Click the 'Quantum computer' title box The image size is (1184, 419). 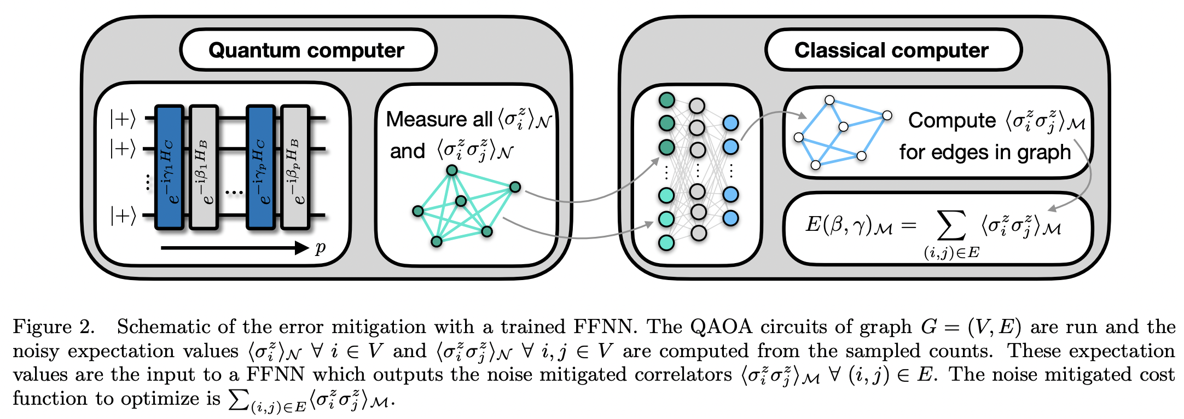[x=307, y=50]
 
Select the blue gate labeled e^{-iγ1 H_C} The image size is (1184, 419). [x=170, y=167]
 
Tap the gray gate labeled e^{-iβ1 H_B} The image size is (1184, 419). [x=204, y=167]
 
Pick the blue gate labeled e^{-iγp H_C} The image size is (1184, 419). [x=260, y=167]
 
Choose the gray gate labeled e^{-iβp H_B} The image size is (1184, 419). [x=295, y=167]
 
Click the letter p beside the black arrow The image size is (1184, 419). [x=321, y=248]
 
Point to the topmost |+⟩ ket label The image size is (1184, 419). [x=123, y=119]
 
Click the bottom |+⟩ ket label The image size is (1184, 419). [x=123, y=216]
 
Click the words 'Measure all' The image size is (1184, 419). [x=439, y=119]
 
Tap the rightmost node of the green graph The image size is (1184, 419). [x=515, y=188]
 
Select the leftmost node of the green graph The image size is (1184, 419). [x=418, y=211]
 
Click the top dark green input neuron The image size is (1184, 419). [x=666, y=100]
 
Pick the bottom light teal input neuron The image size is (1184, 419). [x=666, y=242]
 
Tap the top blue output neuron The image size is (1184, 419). [x=731, y=123]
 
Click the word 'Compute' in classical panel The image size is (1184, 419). [x=952, y=120]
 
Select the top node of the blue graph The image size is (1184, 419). [x=829, y=100]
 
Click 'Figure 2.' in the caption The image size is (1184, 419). [x=54, y=327]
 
